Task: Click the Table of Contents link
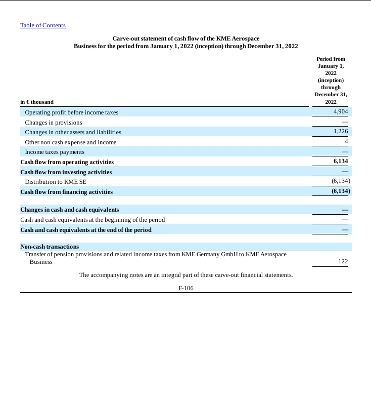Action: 42,25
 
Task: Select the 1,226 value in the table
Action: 341,132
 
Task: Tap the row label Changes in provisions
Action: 53,123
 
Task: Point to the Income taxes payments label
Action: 55,152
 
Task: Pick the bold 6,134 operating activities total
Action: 341,162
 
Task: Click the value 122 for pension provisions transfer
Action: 343,262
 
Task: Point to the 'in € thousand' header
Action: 37,102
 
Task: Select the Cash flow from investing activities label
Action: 66,172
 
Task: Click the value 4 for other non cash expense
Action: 346,142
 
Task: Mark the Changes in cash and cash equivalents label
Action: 69,210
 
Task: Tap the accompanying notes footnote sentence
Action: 186,275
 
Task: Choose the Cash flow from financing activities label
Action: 66,192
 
